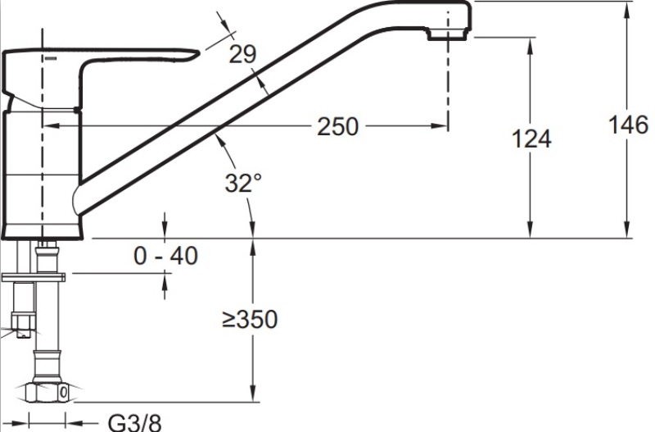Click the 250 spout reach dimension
[337, 127]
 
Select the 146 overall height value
[628, 125]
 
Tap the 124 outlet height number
[531, 139]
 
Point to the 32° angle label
[243, 183]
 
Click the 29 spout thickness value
[242, 54]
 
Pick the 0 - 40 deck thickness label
[165, 256]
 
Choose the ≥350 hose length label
[250, 320]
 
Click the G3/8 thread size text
[134, 423]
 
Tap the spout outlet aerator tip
[449, 34]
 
